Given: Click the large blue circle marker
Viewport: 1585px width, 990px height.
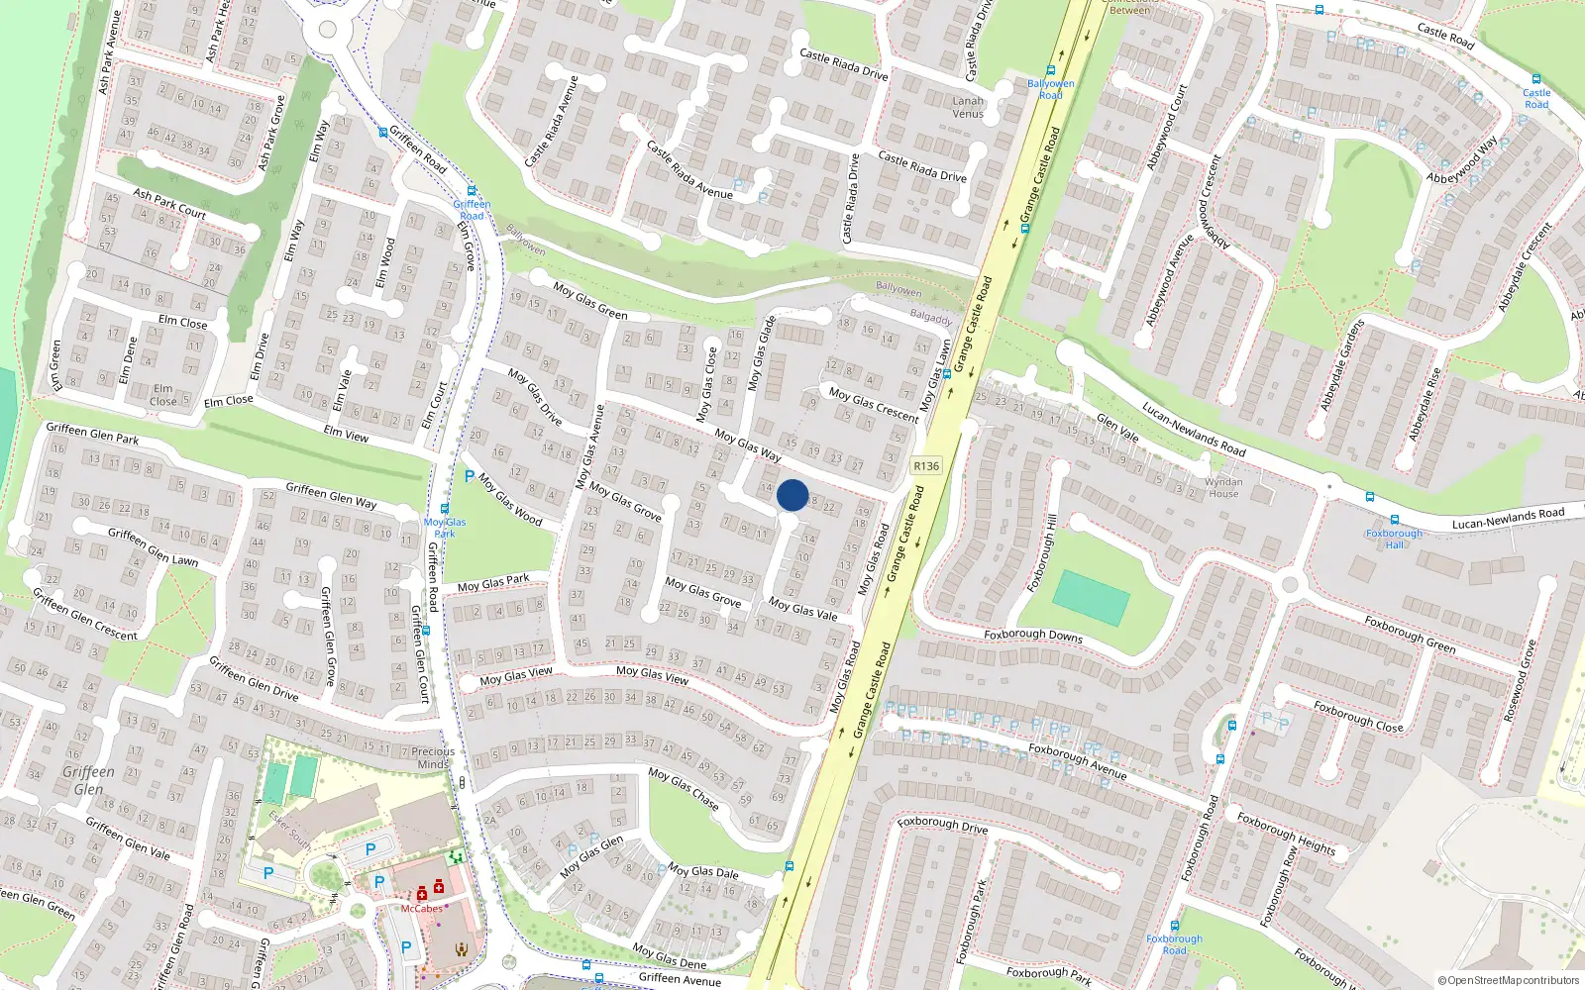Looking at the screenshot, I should [x=792, y=495].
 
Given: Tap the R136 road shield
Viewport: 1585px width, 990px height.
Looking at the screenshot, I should [x=926, y=465].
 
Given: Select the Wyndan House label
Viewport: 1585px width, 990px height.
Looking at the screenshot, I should [x=1223, y=488].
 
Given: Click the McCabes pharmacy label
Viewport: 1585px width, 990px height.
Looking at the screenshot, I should [x=422, y=908].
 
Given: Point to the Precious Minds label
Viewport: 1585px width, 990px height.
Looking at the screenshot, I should [x=433, y=757].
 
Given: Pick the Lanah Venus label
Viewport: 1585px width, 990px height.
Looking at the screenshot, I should [x=968, y=107].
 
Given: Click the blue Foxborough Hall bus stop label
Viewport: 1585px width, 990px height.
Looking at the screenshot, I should [x=1394, y=539].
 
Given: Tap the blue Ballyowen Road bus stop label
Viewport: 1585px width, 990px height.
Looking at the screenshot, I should [x=1051, y=89].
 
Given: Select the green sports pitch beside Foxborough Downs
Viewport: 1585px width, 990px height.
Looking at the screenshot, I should [x=1091, y=597].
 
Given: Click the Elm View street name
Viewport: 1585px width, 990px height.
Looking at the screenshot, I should [x=346, y=434].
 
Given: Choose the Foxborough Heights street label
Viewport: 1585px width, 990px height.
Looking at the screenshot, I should [x=1286, y=834].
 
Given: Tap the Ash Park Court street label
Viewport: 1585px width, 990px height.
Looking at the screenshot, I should [x=169, y=204].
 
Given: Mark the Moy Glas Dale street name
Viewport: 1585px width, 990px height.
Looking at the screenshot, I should [x=702, y=871].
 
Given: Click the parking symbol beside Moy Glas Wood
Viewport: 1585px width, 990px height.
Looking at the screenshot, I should [x=469, y=476].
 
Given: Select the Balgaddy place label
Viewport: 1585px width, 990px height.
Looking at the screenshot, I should [x=930, y=318].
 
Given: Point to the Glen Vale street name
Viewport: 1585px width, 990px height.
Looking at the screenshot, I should [x=1116, y=428].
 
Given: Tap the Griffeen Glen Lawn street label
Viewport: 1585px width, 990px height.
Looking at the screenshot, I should [x=153, y=546].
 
